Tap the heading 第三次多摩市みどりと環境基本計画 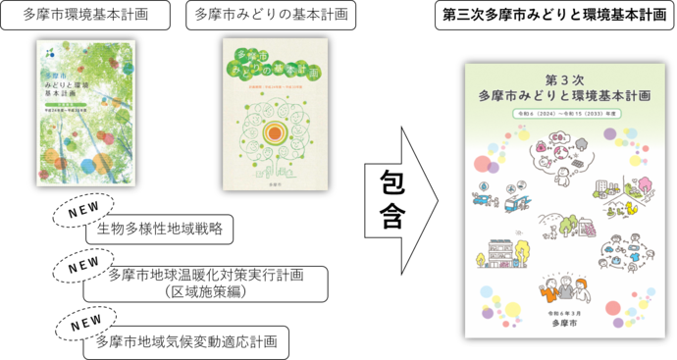point(554,16)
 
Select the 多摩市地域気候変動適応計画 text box point(186,341)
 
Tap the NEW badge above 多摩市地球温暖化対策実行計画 point(87,264)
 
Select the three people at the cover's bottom point(562,290)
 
